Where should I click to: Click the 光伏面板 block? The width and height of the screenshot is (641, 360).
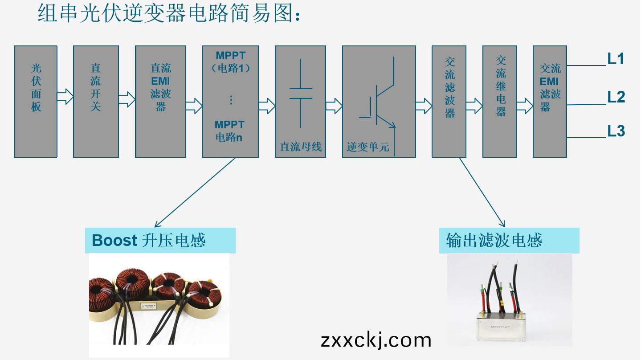[x=36, y=101]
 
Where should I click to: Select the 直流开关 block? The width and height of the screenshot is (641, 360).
[x=96, y=101]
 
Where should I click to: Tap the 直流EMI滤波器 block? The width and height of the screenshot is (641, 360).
[x=160, y=101]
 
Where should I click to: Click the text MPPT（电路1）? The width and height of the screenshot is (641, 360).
[x=230, y=62]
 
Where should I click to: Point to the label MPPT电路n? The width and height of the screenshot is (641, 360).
[x=229, y=131]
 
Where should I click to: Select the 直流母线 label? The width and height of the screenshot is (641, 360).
[x=301, y=147]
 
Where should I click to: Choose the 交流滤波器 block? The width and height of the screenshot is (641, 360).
[x=449, y=101]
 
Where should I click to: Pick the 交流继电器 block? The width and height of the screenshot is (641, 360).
[x=500, y=101]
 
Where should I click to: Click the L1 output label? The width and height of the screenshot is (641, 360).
[x=616, y=59]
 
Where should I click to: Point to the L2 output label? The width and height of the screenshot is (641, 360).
[x=617, y=97]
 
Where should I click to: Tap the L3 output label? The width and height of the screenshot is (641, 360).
[x=617, y=131]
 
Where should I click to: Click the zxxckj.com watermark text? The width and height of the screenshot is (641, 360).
[x=376, y=340]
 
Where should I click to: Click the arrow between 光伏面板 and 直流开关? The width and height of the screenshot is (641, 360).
[x=65, y=96]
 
